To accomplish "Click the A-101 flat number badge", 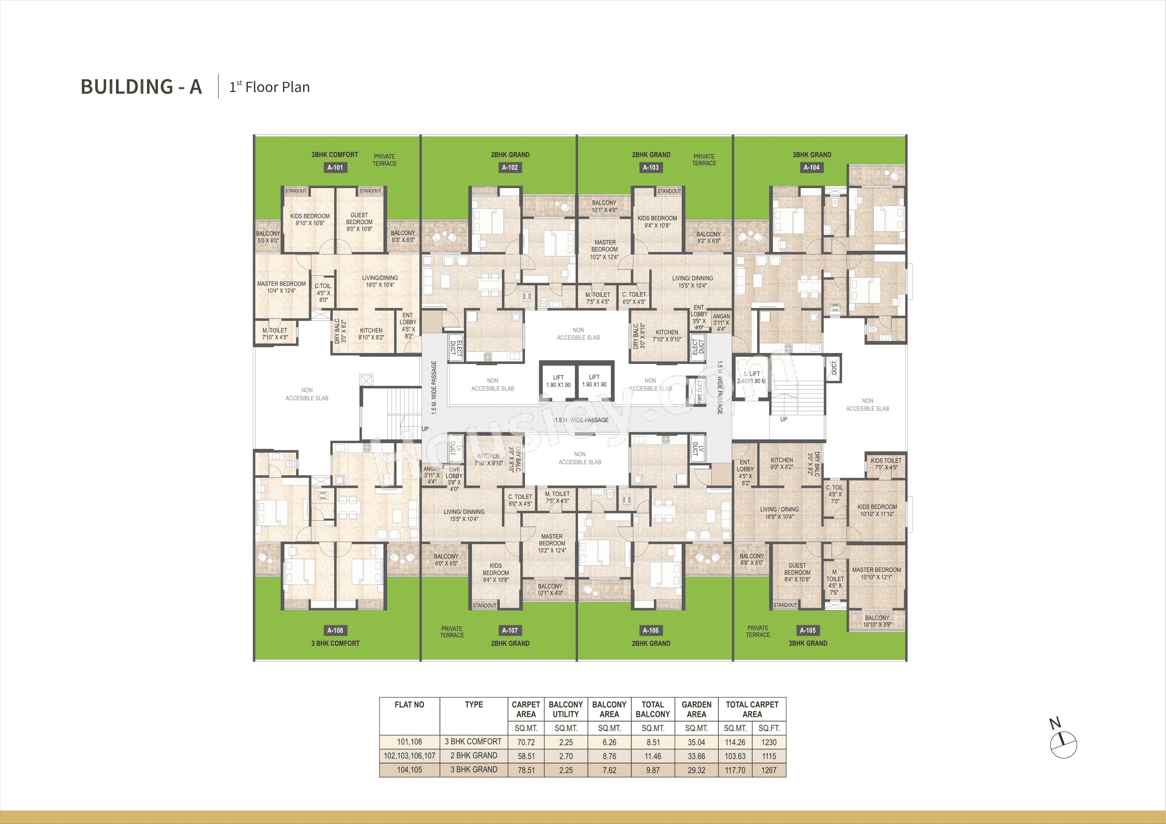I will [335, 168].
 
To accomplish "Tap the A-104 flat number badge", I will [811, 168].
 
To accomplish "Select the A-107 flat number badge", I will [510, 631].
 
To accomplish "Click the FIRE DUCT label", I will [699, 391].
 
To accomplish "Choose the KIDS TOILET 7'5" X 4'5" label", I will [886, 464].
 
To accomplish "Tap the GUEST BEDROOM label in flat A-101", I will [359, 222].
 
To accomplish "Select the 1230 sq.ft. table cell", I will [769, 742].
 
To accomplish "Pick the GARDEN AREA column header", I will [696, 709].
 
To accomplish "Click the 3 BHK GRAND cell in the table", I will [474, 770].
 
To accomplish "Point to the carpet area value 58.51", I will [526, 756].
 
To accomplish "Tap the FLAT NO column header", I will [409, 705].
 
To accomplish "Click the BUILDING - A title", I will [141, 87].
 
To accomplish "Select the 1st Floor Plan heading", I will [270, 87].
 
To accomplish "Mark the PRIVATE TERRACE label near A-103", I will [704, 160].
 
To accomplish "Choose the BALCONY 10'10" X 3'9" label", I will [877, 621].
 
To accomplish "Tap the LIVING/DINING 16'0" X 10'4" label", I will [380, 281].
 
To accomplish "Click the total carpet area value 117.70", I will [735, 770].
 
